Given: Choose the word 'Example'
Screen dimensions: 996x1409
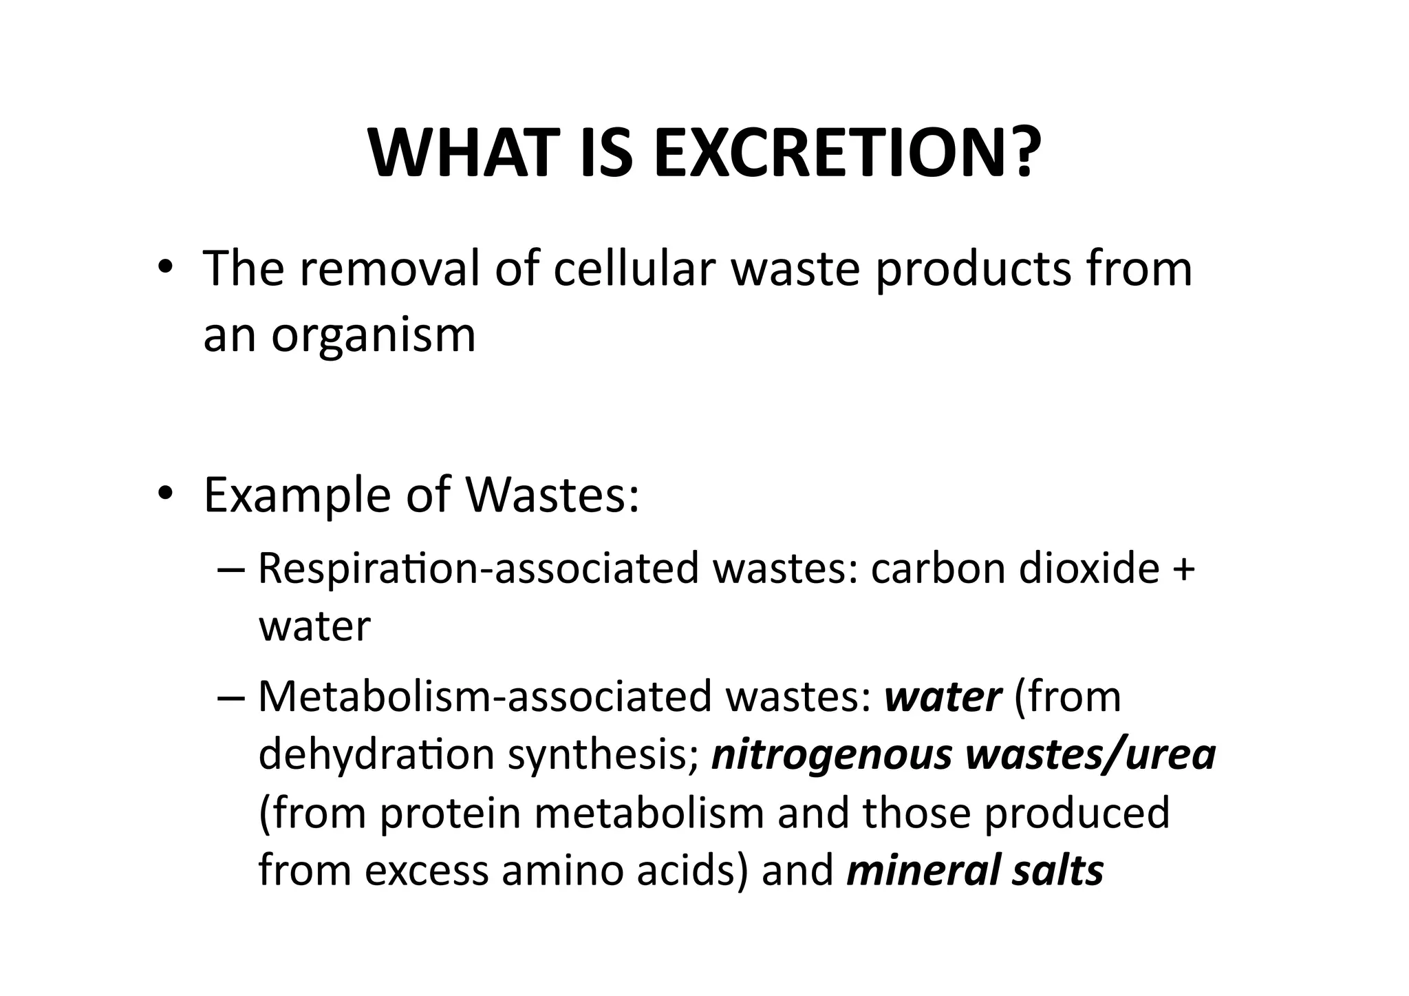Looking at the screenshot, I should [297, 495].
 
